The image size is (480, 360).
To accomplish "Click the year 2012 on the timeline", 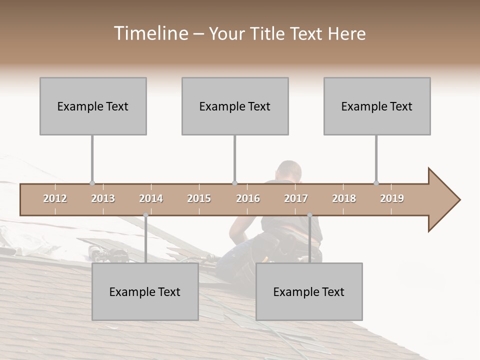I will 55,198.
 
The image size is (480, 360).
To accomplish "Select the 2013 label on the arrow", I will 103,198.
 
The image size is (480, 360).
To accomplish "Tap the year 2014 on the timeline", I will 151,198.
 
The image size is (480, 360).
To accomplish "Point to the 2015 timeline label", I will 199,198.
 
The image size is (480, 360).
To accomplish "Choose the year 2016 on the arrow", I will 248,198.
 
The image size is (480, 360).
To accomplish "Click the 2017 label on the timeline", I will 296,198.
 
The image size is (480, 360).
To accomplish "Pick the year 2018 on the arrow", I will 344,198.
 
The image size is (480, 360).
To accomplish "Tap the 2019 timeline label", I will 392,198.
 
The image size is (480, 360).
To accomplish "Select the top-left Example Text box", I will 93,106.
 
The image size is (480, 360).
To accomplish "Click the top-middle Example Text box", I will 235,106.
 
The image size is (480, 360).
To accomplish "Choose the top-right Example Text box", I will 377,106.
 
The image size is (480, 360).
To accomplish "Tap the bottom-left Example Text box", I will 145,291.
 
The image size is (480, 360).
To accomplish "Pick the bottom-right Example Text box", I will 309,291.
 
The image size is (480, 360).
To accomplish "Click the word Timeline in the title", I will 150,33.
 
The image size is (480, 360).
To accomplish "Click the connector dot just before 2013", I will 92,183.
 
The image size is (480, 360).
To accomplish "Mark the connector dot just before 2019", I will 376,183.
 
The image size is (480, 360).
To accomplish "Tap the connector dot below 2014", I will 145,215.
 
